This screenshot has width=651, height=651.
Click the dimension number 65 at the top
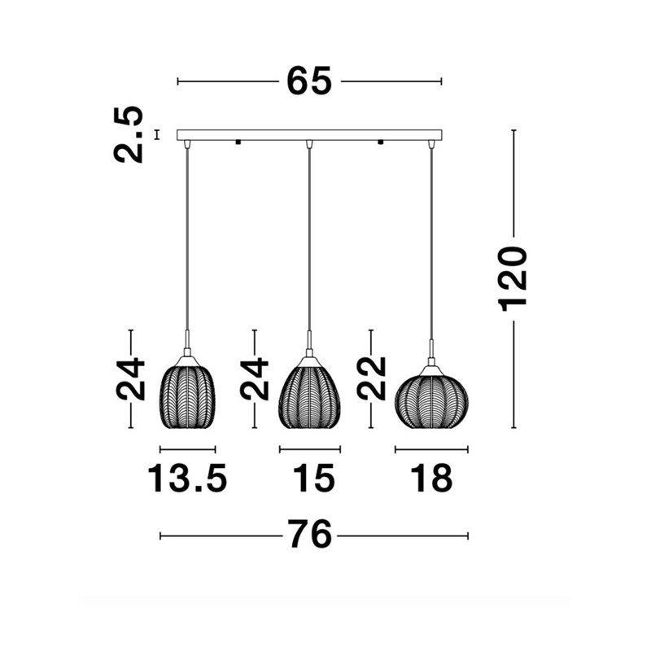[309, 81]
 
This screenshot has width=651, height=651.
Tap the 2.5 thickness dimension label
[129, 134]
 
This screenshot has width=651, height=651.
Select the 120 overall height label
[513, 278]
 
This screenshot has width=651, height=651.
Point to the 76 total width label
[311, 534]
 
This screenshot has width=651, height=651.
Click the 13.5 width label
[188, 478]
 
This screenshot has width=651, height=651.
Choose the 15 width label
[314, 478]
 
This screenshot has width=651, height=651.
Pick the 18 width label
[431, 478]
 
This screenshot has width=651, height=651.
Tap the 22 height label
[372, 378]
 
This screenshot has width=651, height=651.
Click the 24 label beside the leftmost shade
[130, 378]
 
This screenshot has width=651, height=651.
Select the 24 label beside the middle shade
[254, 378]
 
